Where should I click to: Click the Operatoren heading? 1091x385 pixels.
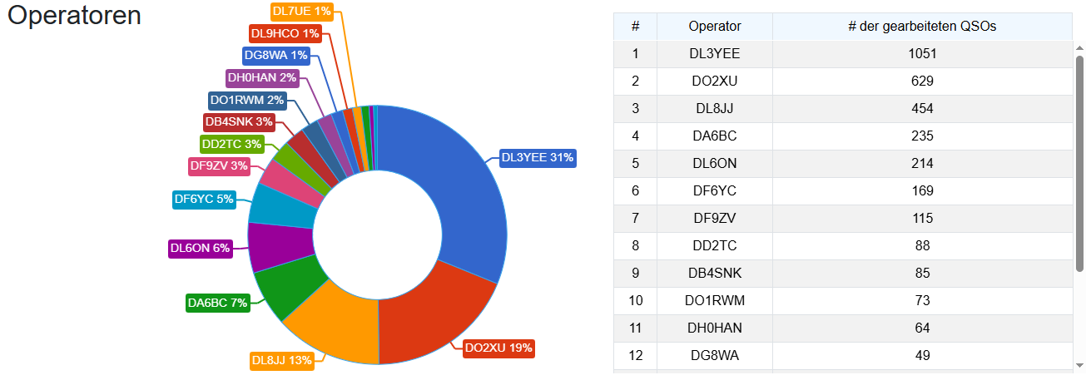pyautogui.click(x=74, y=16)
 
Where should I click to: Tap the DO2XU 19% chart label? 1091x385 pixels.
pyautogui.click(x=498, y=348)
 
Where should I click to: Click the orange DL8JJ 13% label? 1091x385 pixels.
pyautogui.click(x=281, y=360)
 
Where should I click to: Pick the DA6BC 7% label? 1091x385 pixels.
pyautogui.click(x=217, y=303)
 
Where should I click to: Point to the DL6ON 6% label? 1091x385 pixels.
pyautogui.click(x=200, y=248)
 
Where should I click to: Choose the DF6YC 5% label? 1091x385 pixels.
pyautogui.click(x=203, y=199)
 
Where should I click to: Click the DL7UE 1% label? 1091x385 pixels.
pyautogui.click(x=301, y=11)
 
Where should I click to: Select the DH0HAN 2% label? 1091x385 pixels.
pyautogui.click(x=262, y=77)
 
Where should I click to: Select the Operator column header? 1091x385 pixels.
pyautogui.click(x=714, y=26)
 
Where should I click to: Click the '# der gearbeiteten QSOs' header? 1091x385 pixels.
pyautogui.click(x=921, y=26)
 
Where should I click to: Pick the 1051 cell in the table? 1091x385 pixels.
pyautogui.click(x=922, y=53)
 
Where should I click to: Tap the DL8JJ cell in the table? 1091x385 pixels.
pyautogui.click(x=714, y=108)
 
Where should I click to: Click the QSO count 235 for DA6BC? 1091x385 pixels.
pyautogui.click(x=922, y=136)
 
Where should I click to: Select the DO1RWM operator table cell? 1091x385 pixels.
pyautogui.click(x=714, y=300)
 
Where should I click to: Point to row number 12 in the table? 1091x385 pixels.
pyautogui.click(x=635, y=355)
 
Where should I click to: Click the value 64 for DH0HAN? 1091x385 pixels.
pyautogui.click(x=922, y=328)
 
